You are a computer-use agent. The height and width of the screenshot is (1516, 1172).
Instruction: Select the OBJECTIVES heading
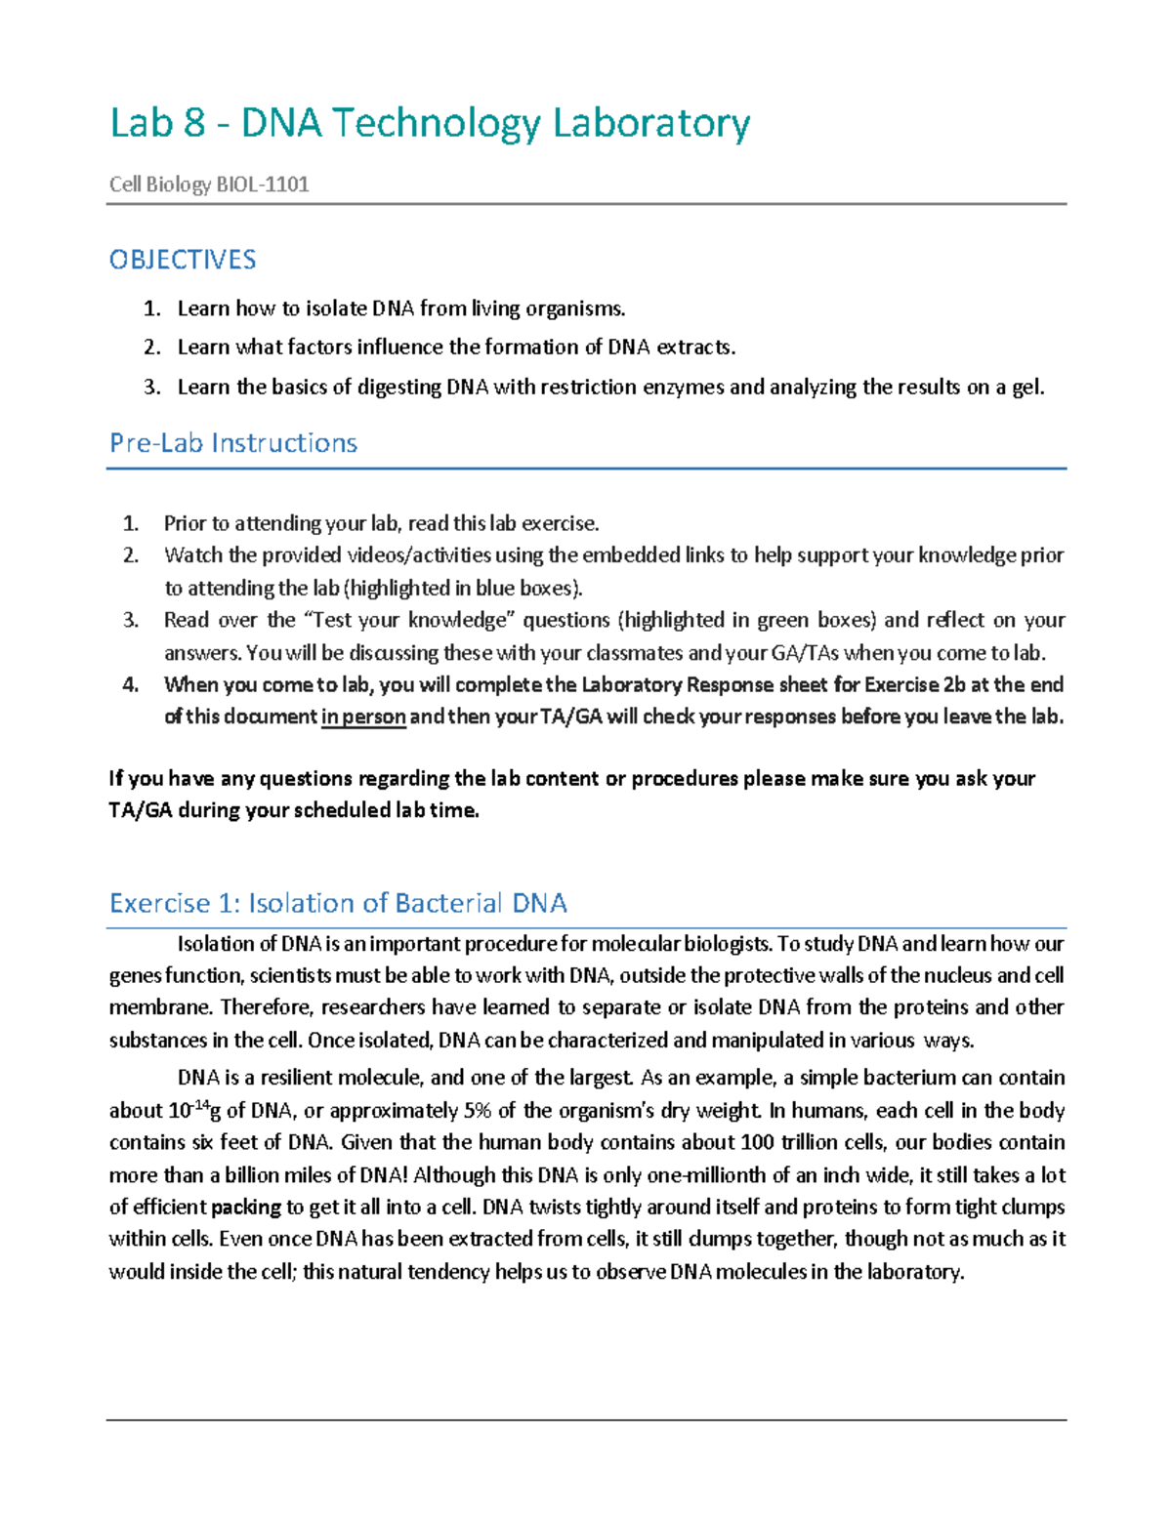pyautogui.click(x=183, y=260)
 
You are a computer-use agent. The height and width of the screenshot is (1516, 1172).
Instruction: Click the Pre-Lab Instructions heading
pyautogui.click(x=233, y=443)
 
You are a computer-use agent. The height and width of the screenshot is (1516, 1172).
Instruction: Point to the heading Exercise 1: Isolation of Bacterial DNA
pyautogui.click(x=338, y=903)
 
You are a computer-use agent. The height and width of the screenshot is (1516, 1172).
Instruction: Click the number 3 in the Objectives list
pyautogui.click(x=150, y=388)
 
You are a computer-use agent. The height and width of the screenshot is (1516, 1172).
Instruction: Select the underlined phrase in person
pyautogui.click(x=363, y=717)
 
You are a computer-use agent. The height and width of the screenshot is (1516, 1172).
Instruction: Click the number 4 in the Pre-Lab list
pyautogui.click(x=130, y=684)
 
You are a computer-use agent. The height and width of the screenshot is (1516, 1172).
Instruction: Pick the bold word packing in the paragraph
pyautogui.click(x=246, y=1208)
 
